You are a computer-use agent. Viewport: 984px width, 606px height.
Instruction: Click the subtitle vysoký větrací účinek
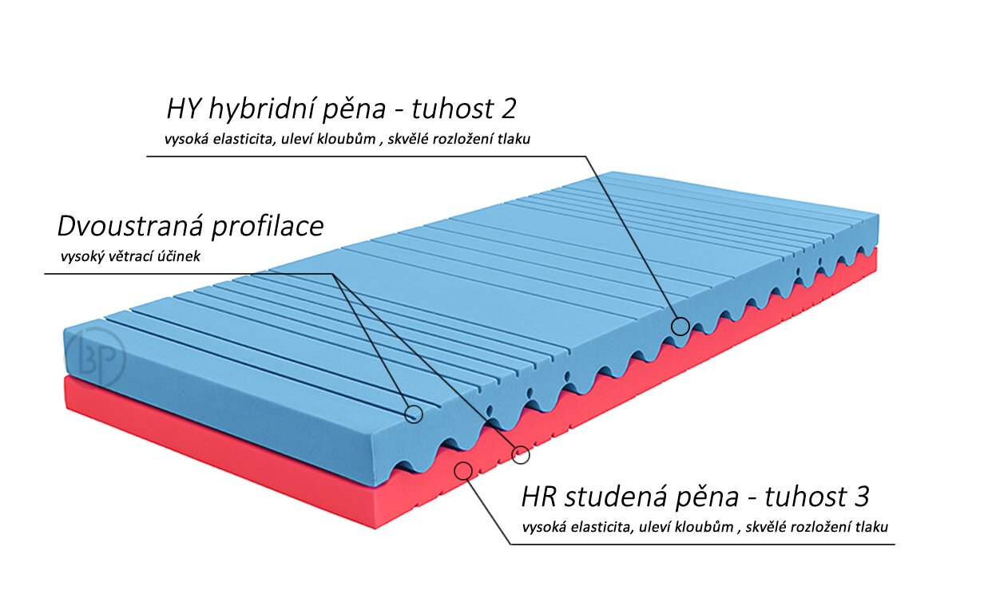[x=130, y=257]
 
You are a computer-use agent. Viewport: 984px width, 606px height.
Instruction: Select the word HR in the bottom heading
[x=540, y=497]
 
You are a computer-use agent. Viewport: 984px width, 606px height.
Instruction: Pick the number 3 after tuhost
[x=860, y=497]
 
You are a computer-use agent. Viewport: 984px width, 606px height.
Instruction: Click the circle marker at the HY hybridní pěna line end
[x=680, y=326]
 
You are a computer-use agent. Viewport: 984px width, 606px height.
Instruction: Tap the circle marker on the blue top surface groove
[x=414, y=413]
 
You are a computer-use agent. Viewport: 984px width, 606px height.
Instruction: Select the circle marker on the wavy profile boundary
[x=521, y=454]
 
